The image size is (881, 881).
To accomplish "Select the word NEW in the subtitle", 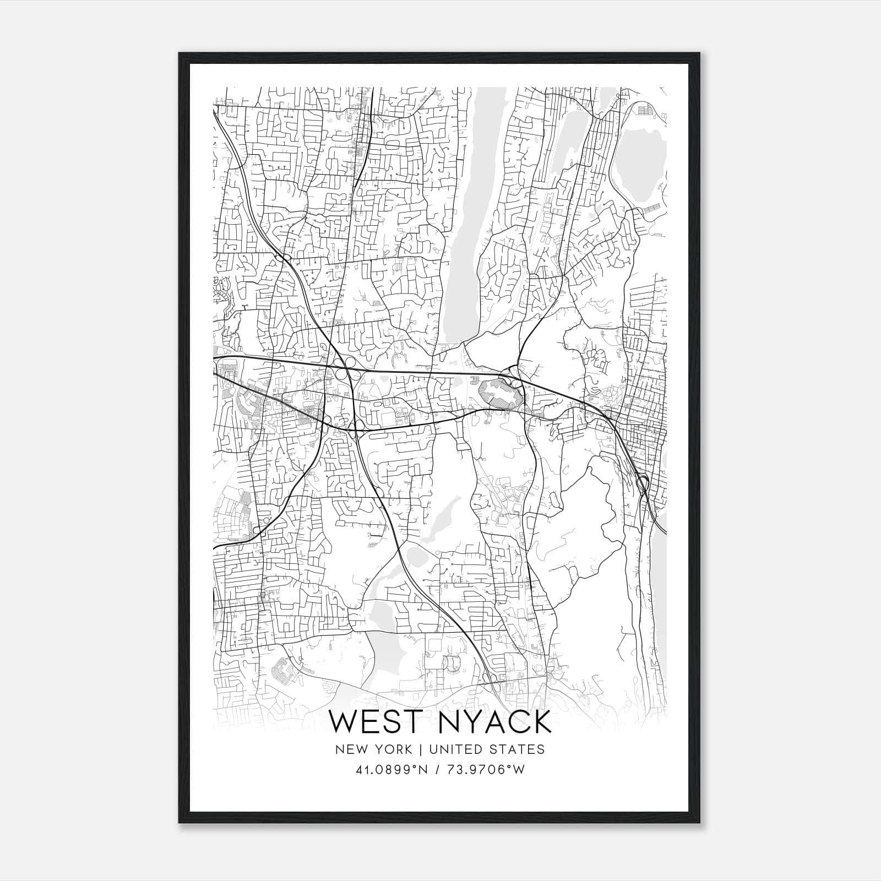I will point(351,749).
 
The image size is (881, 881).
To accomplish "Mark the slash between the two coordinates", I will point(437,770).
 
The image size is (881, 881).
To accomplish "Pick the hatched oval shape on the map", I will point(498,390).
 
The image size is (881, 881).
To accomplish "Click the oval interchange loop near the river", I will point(642,484).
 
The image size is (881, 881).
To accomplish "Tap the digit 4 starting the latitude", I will point(359,770).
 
